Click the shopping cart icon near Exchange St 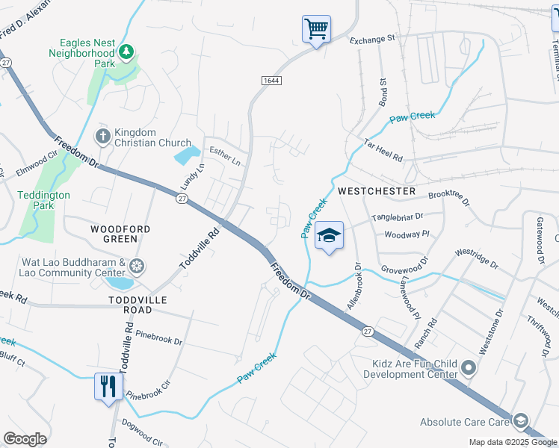pyautogui.click(x=316, y=30)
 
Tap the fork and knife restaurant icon pyautogui.click(x=108, y=387)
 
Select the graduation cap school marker pyautogui.click(x=329, y=236)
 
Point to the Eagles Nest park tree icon pyautogui.click(x=127, y=51)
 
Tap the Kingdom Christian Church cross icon pyautogui.click(x=102, y=136)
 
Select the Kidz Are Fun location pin pyautogui.click(x=469, y=367)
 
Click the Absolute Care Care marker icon pyautogui.click(x=521, y=421)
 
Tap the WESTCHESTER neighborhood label pyautogui.click(x=377, y=191)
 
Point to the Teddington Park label pyautogui.click(x=44, y=200)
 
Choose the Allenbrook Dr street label pyautogui.click(x=353, y=286)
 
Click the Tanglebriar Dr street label pyautogui.click(x=398, y=217)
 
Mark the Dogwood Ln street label pyautogui.click(x=140, y=436)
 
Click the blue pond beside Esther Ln pyautogui.click(x=186, y=156)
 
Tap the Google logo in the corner pyautogui.click(x=25, y=439)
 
